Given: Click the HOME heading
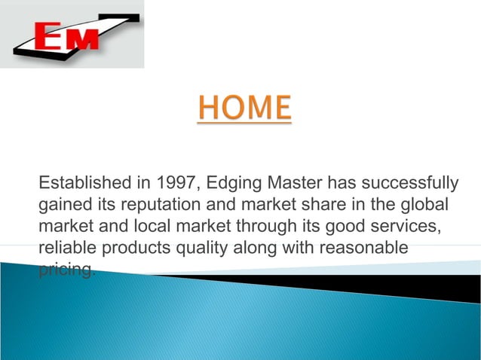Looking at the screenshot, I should (x=244, y=108).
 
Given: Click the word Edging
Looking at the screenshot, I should (x=232, y=183).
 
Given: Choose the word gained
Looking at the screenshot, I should (x=63, y=205).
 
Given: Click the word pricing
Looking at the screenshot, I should (x=66, y=270).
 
